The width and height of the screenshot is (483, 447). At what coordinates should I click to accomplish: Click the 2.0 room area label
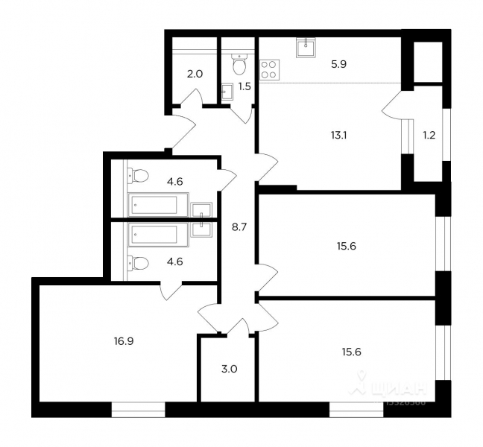(x=194, y=74)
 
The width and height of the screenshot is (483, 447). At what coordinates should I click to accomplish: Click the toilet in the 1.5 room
(x=239, y=66)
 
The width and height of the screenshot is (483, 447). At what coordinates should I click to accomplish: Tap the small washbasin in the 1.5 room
(x=228, y=92)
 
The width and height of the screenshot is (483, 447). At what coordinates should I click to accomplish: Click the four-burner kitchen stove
(x=268, y=69)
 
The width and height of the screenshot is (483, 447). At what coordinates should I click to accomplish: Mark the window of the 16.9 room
(x=138, y=409)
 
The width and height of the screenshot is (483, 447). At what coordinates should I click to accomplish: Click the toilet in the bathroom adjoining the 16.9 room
(x=139, y=261)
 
